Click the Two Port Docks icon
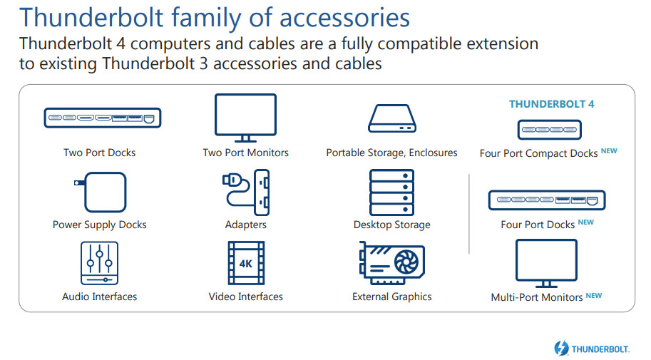tap(103, 118)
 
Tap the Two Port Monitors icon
tap(245, 118)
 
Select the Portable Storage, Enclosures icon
tap(391, 118)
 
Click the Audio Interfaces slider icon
tap(99, 263)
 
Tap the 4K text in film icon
tap(246, 264)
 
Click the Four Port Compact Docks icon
tap(548, 130)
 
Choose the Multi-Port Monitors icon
tap(545, 263)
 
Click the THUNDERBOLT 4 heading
tap(551, 104)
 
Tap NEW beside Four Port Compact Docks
tap(608, 151)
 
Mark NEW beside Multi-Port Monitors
tap(593, 295)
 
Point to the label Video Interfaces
tap(245, 297)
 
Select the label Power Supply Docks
tap(99, 225)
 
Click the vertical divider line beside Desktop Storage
tap(469, 213)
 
